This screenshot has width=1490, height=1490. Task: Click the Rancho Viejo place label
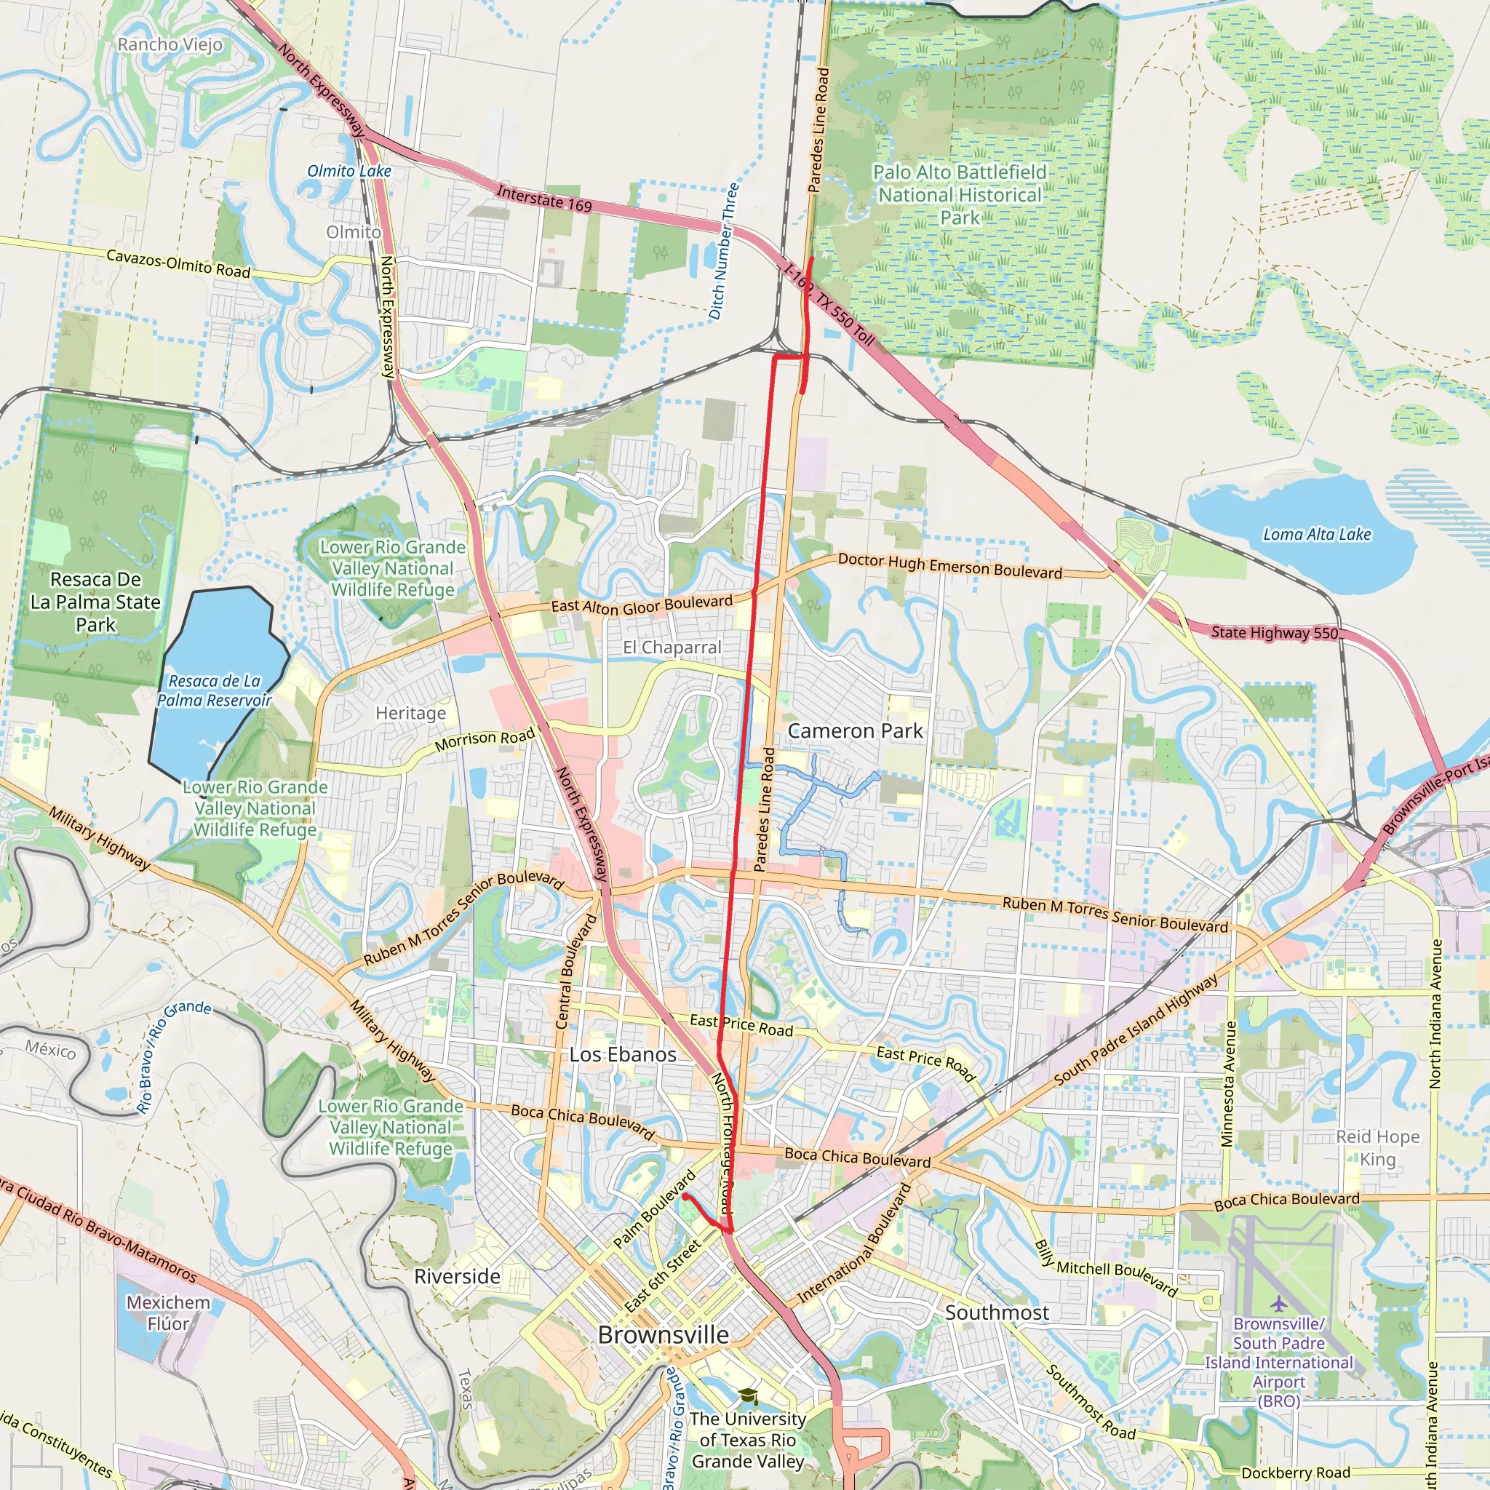170,44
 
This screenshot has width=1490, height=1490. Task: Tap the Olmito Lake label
349,171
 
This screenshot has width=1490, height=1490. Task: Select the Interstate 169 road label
543,199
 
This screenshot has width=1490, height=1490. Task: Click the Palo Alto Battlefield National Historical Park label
960,195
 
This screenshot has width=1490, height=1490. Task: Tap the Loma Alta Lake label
1316,535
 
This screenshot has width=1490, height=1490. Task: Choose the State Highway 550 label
1274,633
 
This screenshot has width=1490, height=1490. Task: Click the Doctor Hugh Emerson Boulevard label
949,566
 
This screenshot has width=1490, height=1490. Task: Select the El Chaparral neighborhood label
672,648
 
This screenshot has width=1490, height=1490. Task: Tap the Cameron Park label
855,731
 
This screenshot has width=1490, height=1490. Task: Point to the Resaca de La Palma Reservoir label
215,691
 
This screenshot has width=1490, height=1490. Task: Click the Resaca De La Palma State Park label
95,602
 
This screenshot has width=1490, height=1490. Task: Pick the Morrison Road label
485,741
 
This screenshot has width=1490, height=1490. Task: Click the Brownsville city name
664,1335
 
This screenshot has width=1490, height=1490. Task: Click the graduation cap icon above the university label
746,1397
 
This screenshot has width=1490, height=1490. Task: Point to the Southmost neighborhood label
997,1312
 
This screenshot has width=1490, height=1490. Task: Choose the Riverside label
458,1276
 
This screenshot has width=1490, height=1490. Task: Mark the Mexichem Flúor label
168,1312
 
